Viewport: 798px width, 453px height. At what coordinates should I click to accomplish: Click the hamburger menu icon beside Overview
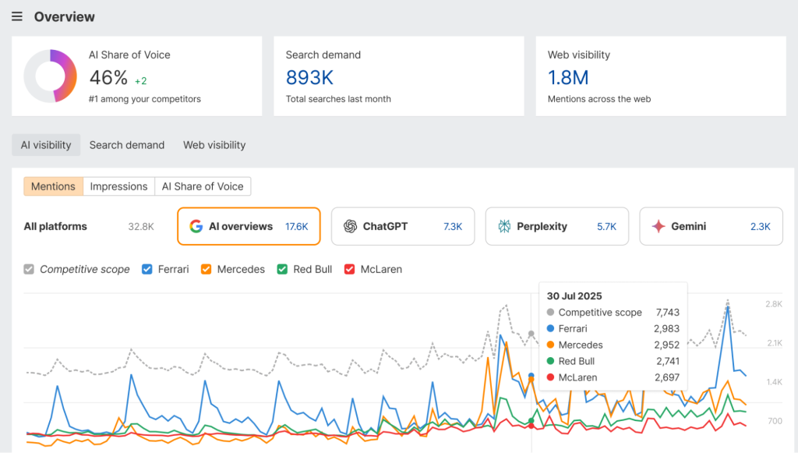click(17, 17)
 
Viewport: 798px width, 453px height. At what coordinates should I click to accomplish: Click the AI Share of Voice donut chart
click(51, 76)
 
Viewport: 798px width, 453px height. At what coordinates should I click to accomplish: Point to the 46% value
click(108, 78)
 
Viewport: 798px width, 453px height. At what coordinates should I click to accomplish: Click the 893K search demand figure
click(309, 78)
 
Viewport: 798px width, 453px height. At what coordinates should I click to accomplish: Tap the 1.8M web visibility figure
click(568, 78)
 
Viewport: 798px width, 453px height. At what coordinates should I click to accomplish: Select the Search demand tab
click(127, 145)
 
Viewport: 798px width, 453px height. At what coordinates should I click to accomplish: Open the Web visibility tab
click(214, 145)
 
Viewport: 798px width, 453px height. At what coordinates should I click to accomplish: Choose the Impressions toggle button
click(118, 186)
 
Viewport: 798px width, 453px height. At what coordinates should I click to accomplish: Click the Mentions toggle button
click(53, 186)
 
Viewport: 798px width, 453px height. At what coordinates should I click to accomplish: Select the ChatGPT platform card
click(403, 226)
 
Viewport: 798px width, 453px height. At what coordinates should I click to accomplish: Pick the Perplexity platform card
click(556, 226)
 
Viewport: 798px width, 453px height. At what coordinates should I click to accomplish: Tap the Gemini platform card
click(711, 226)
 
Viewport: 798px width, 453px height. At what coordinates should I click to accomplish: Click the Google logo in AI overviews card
click(196, 226)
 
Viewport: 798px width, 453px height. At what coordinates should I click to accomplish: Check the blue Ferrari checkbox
click(147, 269)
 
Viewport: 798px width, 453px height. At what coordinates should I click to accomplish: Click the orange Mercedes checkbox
click(207, 269)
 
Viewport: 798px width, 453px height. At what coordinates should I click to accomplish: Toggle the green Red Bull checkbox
click(283, 269)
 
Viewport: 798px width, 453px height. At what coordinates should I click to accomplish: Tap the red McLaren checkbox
click(350, 269)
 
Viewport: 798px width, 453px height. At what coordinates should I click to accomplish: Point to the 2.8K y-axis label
click(773, 303)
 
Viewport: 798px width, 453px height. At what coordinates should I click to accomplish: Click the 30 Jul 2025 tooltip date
click(574, 296)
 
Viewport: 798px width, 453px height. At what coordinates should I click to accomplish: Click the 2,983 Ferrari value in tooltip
click(666, 329)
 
